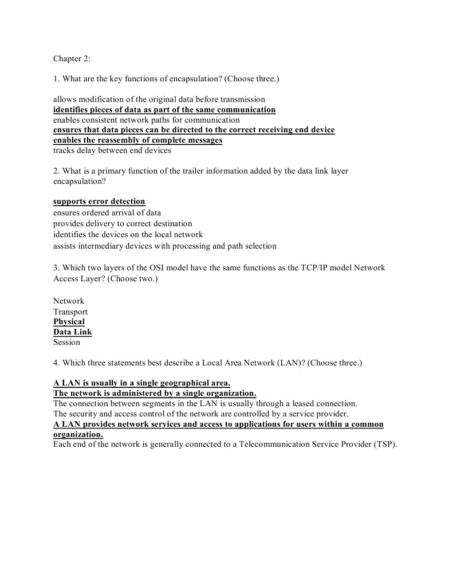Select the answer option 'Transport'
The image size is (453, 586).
(x=70, y=312)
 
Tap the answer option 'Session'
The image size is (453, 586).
(x=66, y=343)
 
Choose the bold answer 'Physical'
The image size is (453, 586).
(x=69, y=322)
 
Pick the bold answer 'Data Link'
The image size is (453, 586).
(x=72, y=332)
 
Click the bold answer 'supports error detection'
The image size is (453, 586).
(x=99, y=202)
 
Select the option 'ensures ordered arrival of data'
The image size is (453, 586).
(x=107, y=213)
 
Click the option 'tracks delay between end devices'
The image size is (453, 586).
(x=112, y=151)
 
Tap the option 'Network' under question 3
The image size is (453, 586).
(x=69, y=301)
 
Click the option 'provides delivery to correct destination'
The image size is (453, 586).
(x=123, y=223)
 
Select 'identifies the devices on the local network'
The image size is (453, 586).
(x=128, y=234)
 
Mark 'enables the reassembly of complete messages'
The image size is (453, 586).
(x=137, y=140)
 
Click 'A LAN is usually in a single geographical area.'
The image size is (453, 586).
(x=141, y=383)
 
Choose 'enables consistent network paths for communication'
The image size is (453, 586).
(x=146, y=120)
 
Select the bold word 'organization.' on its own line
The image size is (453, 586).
(x=78, y=435)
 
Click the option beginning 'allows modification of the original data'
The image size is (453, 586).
(x=159, y=99)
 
